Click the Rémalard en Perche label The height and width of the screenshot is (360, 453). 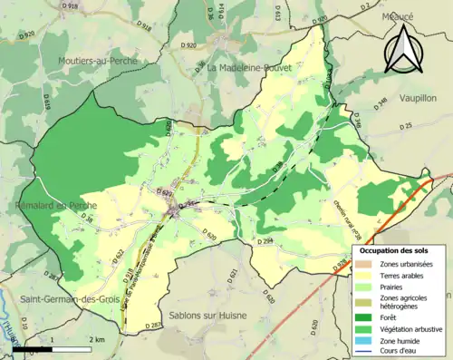pyautogui.click(x=45, y=207)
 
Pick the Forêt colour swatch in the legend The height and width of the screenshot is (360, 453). pyautogui.click(x=368, y=317)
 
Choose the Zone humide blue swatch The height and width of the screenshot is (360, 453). pyautogui.click(x=368, y=341)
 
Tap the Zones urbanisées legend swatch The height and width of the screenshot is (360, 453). pyautogui.click(x=368, y=263)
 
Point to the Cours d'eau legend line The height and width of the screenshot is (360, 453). pyautogui.click(x=368, y=352)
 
